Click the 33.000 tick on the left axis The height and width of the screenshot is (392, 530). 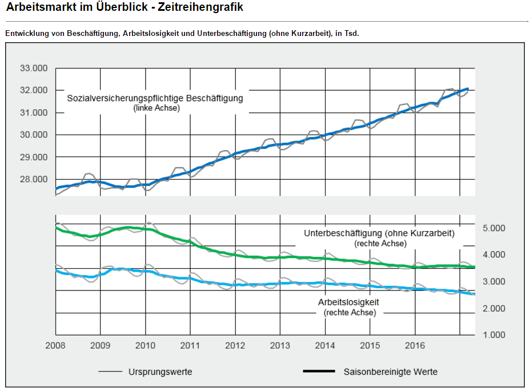[34, 68]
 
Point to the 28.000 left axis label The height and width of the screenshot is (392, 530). [34, 179]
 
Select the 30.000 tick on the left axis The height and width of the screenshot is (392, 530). [34, 135]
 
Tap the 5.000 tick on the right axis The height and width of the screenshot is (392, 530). [494, 228]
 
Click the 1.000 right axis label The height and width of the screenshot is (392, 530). [494, 335]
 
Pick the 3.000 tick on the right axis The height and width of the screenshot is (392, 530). [494, 282]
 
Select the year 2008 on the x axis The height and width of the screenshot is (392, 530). [55, 346]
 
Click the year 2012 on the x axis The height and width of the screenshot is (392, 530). [235, 346]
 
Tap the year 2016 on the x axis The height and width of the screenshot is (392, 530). [414, 346]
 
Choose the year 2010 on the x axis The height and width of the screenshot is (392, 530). [145, 346]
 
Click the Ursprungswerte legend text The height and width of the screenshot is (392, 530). [161, 372]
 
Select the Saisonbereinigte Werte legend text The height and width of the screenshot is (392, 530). [391, 372]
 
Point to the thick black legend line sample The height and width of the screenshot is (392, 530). [318, 372]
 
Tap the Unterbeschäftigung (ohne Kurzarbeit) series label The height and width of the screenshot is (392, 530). [379, 233]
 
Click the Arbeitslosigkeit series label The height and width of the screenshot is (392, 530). [349, 302]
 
